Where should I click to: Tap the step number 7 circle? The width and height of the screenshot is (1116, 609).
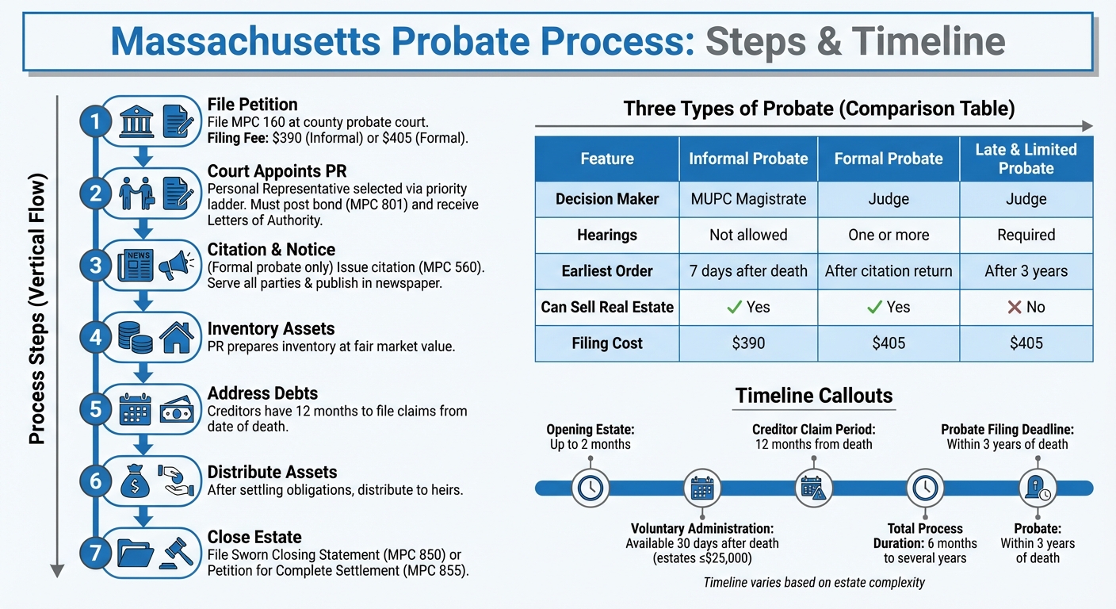96,552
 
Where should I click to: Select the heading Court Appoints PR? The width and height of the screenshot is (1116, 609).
277,170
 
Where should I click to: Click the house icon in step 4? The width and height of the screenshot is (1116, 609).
177,338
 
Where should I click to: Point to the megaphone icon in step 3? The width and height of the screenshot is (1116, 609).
177,266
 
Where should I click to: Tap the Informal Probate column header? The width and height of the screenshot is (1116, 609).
747,159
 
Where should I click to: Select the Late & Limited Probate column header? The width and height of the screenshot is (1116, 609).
1026,159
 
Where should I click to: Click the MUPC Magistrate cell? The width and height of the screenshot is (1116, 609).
747,199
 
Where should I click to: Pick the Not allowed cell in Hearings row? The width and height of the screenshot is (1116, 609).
747,235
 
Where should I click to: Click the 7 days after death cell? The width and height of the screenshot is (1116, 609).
747,271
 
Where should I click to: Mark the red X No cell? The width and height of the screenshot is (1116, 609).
1026,307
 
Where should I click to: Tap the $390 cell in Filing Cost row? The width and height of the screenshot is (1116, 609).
747,343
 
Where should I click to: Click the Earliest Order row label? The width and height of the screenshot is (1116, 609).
607,271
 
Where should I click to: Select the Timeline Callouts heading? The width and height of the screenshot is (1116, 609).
813,396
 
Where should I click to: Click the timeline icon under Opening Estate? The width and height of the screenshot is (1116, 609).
590,488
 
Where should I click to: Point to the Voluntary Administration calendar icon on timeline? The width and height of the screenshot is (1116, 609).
702,488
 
